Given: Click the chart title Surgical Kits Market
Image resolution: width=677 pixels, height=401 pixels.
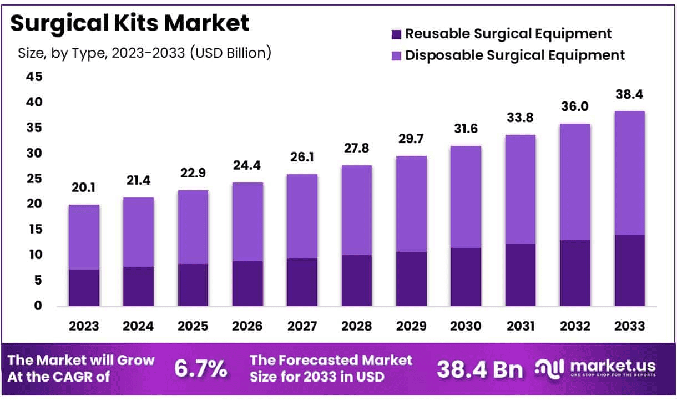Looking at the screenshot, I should pos(130,23).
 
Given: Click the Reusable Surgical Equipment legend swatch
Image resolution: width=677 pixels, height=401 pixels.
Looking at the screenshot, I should pos(396,34).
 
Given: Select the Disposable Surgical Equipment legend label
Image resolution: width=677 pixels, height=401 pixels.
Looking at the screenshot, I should pos(515,55).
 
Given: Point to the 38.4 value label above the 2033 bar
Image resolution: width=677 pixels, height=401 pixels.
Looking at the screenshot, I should pos(629,95).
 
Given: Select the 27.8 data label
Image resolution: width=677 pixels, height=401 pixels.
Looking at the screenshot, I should pos(357,149).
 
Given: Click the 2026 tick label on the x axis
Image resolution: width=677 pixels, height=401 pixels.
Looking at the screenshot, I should pos(247,326).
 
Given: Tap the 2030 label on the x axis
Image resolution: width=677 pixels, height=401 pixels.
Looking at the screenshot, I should pos(466,326).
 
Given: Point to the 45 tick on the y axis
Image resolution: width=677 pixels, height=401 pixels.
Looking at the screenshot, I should pos(34,77).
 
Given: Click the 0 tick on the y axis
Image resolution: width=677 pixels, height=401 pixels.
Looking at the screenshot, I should pos(38,306).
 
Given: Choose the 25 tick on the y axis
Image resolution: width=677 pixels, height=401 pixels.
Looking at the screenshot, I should pos(34,179).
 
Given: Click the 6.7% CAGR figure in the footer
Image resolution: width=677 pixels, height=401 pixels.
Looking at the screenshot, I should pos(200,368).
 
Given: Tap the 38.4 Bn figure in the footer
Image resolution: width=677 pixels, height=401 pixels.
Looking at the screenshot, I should pos(479,369).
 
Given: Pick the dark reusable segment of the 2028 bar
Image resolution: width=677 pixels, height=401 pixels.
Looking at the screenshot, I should pos(357,280).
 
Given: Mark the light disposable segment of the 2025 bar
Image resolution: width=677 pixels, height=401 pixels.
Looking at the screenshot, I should pos(193,227).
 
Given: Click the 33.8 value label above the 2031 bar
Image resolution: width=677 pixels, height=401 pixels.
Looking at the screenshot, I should pos(520,119).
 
